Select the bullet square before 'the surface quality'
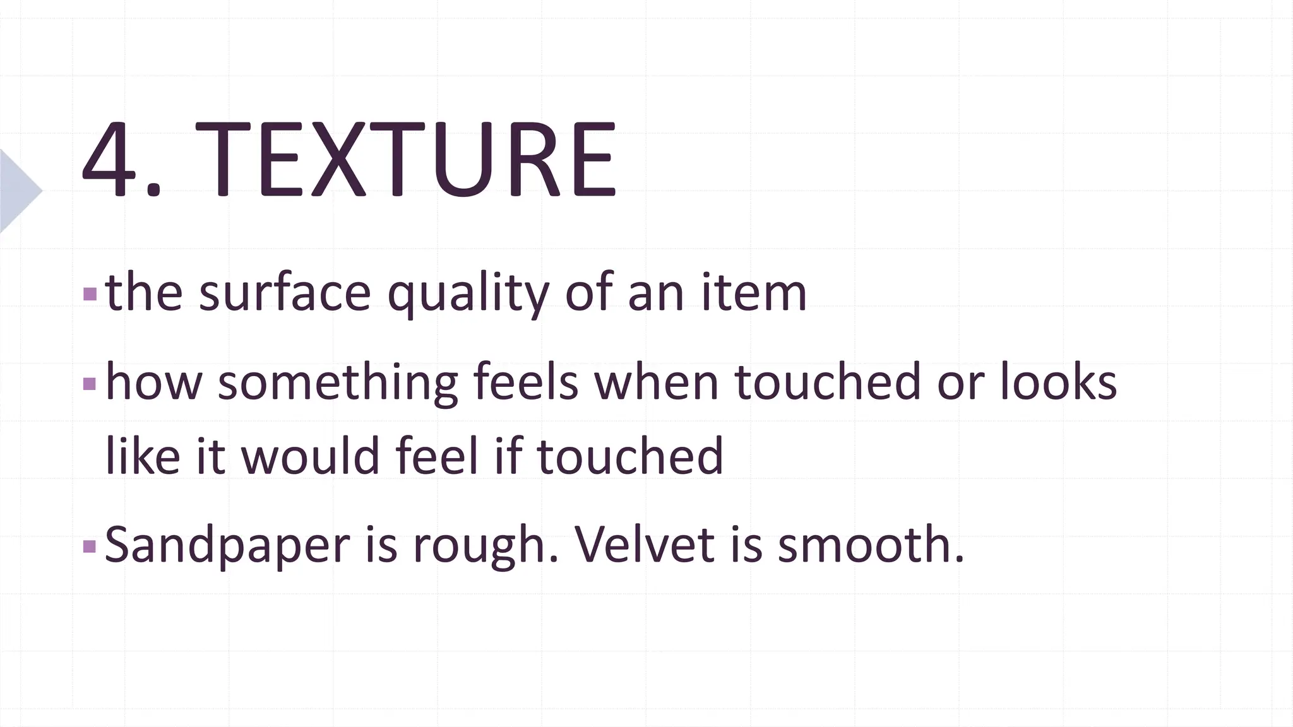click(x=90, y=294)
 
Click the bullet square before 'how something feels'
click(x=90, y=383)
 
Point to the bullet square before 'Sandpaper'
click(x=90, y=545)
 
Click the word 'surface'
click(x=285, y=293)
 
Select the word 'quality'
click(x=468, y=294)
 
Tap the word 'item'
click(x=754, y=293)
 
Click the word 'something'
click(x=338, y=382)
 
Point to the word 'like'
click(x=143, y=456)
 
